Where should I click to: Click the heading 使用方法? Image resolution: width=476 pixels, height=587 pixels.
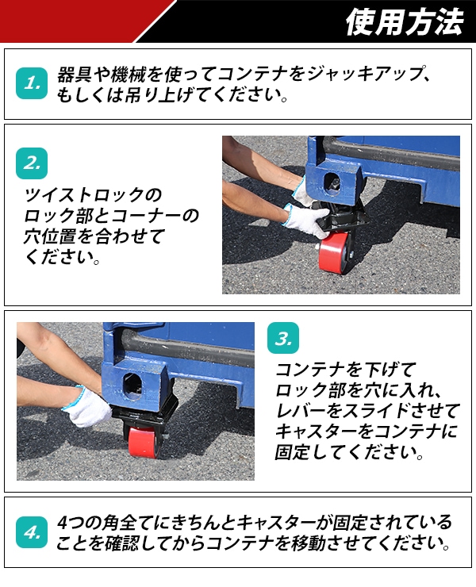pyautogui.click(x=405, y=22)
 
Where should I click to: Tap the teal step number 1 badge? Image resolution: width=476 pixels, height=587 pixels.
pyautogui.click(x=32, y=83)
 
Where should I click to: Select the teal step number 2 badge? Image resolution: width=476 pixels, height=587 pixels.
pyautogui.click(x=32, y=163)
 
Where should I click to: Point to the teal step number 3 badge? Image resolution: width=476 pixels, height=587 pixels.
pyautogui.click(x=283, y=338)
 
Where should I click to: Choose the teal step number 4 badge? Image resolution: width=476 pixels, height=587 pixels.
pyautogui.click(x=32, y=532)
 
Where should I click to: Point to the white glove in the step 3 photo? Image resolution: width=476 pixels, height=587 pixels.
pyautogui.click(x=87, y=407)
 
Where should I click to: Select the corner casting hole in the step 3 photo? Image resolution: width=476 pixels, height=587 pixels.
pyautogui.click(x=133, y=387)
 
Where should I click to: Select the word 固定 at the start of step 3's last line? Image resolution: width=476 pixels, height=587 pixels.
pyautogui.click(x=293, y=452)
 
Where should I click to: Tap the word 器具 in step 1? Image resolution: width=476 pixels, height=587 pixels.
pyautogui.click(x=74, y=74)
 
